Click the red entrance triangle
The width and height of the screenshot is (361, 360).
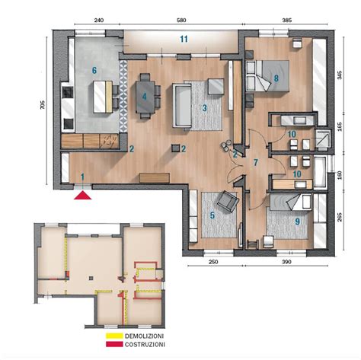tap(83, 196)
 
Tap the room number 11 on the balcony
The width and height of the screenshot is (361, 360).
tap(184, 39)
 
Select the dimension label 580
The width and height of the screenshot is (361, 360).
tap(181, 21)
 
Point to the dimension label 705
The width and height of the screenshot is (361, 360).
tap(43, 105)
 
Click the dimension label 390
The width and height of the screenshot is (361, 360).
tap(286, 262)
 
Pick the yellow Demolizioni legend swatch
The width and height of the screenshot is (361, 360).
tap(113, 336)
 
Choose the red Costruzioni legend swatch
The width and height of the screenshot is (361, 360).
tap(113, 344)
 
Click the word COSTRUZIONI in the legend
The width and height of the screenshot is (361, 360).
tap(145, 345)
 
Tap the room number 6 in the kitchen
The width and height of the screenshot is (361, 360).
tap(94, 70)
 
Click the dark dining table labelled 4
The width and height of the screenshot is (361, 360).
tap(145, 97)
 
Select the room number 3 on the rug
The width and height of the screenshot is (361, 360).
tap(205, 108)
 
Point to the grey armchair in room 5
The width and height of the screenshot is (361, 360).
tap(228, 201)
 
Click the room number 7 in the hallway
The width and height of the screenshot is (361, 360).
tap(256, 162)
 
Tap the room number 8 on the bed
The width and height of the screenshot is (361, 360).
tap(276, 78)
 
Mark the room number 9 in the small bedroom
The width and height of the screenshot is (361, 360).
tap(297, 221)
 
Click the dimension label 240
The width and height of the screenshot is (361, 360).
tap(98, 21)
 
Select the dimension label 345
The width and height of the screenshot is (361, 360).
tap(340, 75)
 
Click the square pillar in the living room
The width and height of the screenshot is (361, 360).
tap(175, 148)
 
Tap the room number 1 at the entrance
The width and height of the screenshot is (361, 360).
tap(82, 177)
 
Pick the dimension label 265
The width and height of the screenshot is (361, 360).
tap(340, 218)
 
